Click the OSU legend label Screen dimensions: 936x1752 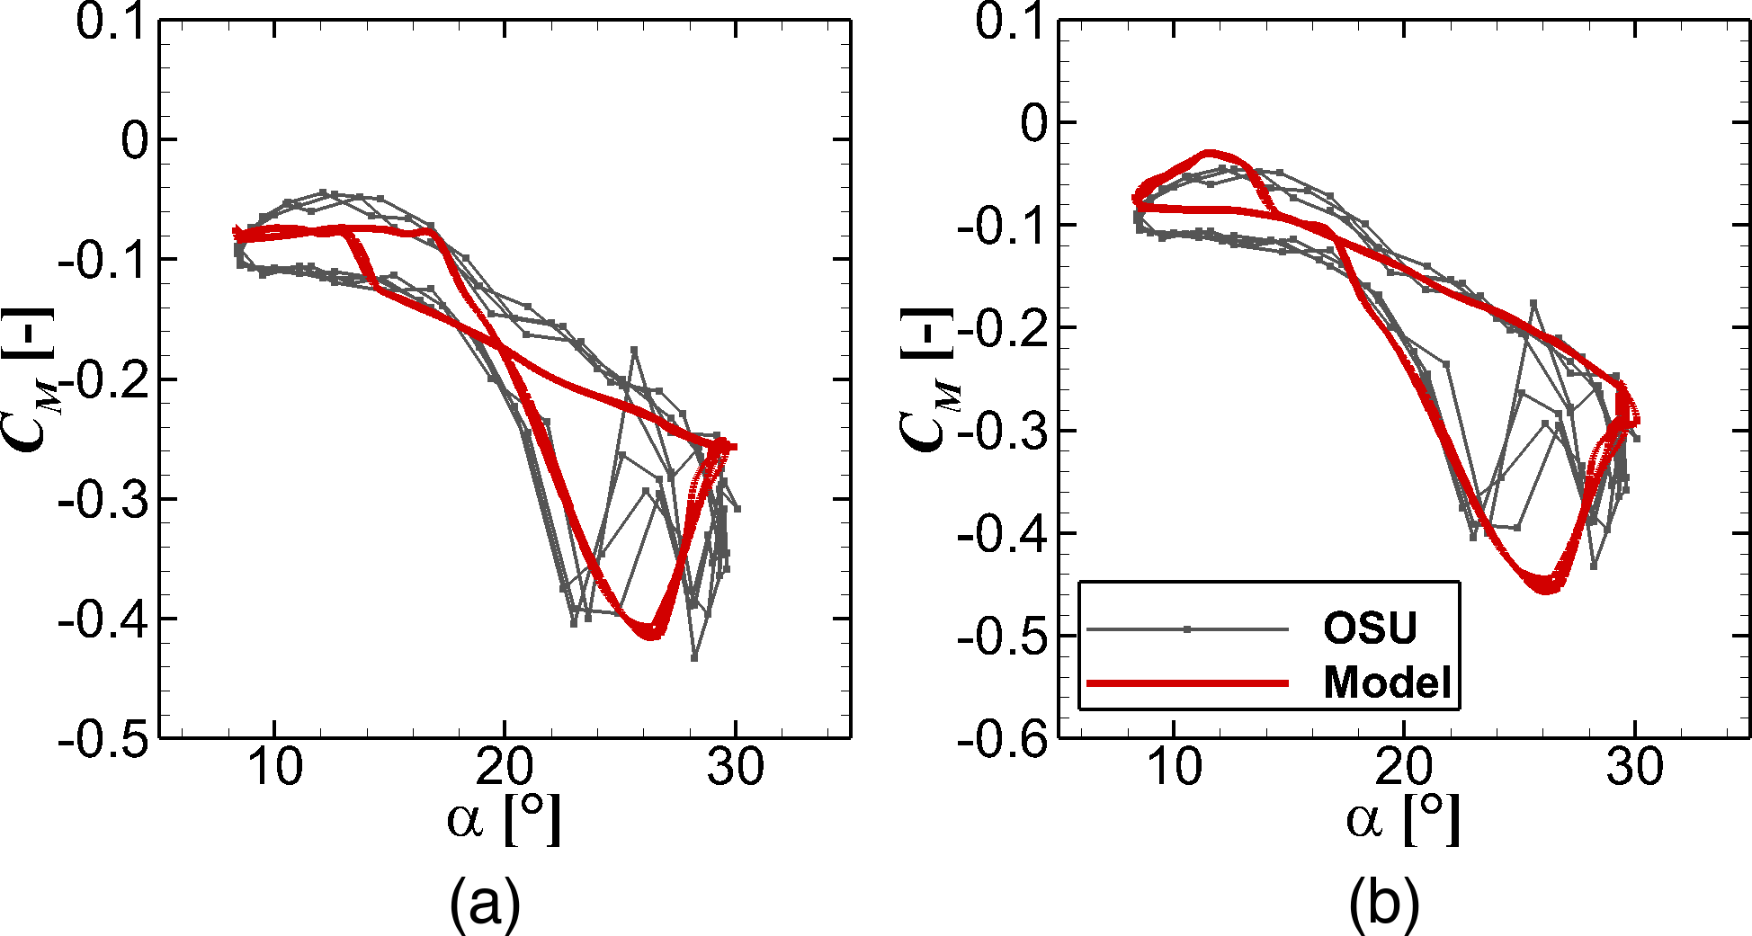[1369, 628]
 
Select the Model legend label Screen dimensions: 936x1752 [1387, 682]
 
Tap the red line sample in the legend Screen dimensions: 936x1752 [1187, 683]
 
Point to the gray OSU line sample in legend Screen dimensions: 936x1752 [1187, 629]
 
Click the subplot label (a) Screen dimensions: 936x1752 [485, 903]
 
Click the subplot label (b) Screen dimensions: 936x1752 [1383, 903]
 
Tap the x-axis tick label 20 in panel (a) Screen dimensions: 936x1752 [505, 768]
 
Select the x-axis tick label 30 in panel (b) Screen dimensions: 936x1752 [1635, 768]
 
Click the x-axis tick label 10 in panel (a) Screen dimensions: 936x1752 [274, 768]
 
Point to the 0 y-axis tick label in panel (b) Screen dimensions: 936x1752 [1033, 123]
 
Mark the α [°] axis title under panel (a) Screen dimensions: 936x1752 [504, 819]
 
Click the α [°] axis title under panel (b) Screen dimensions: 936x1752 [1403, 819]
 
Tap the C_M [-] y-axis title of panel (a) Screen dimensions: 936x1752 [32, 378]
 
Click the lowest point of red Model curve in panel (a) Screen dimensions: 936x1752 [651, 636]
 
